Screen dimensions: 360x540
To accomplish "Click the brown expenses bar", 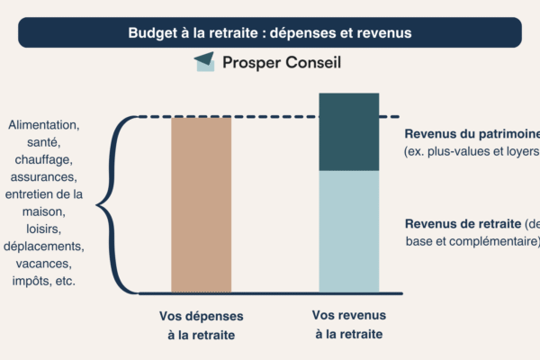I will tap(202, 204).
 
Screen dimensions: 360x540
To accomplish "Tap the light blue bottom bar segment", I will tap(349, 231).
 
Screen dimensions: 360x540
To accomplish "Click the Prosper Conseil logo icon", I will tap(204, 61).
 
